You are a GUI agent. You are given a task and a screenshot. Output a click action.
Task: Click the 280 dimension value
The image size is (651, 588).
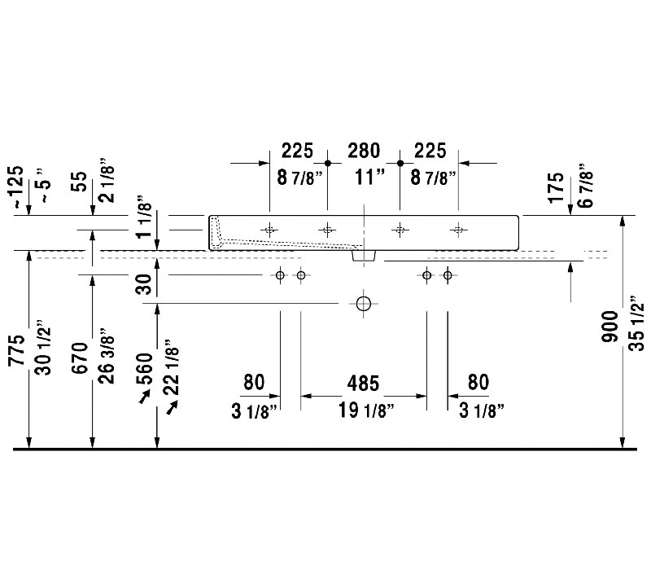pos(364,151)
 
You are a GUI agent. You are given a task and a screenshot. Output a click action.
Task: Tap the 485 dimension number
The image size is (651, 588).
pos(363,383)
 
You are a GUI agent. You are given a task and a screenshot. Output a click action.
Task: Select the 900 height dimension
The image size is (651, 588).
pos(609,327)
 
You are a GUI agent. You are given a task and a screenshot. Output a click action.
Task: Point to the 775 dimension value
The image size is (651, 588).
pos(16,350)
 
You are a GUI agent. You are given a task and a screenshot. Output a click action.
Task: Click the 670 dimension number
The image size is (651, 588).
pos(80,358)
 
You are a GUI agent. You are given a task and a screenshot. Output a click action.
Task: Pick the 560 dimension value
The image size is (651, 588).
pos(145,368)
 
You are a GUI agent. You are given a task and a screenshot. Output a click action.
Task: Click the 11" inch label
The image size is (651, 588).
pos(370,178)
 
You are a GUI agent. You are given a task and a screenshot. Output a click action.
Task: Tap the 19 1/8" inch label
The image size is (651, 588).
pos(365,410)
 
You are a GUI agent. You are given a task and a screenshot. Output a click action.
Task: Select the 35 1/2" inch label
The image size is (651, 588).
pos(636,323)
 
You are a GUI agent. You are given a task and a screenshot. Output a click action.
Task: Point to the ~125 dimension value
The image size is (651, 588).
pos(16,186)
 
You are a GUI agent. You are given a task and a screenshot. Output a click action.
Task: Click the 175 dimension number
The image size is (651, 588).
pos(557,188)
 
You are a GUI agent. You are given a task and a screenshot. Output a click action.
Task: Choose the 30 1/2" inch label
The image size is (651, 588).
pos(43,348)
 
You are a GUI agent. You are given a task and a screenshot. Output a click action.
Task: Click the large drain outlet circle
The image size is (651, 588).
pos(363,304)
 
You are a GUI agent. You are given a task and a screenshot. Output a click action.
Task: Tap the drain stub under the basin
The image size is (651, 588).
pos(364,256)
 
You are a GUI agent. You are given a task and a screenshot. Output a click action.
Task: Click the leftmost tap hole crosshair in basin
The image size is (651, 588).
pos(269,230)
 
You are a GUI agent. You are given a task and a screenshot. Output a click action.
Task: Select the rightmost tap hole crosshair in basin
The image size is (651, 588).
pos(458,230)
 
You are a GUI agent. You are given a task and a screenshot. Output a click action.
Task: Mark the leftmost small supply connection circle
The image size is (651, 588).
pos(280,275)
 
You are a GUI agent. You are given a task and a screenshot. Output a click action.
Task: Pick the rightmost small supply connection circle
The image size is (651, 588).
pos(448,275)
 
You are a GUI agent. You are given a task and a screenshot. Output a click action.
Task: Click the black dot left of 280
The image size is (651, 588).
pos(328,163)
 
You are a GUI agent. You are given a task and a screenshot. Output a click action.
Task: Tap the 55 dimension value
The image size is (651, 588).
pos(80,182)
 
